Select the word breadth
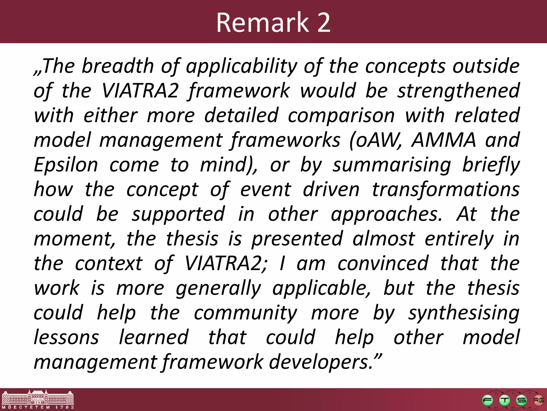(118, 66)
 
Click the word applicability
(241, 66)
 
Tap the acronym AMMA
(444, 140)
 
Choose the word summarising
(392, 165)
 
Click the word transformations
(446, 189)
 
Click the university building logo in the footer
(37, 399)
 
